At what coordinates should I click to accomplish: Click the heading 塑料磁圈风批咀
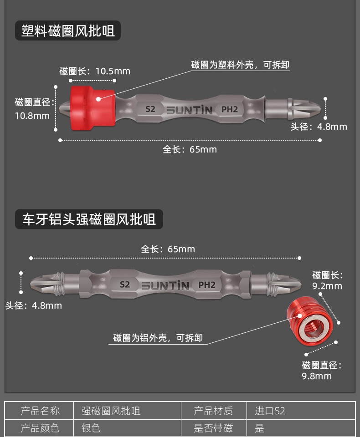(x=68, y=31)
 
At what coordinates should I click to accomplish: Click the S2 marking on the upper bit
(x=150, y=109)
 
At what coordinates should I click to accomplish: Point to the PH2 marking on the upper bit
(x=230, y=109)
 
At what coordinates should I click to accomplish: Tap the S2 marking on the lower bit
(x=125, y=285)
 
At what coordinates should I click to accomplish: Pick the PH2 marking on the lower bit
(x=207, y=285)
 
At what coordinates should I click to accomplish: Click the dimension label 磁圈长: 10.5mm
(x=95, y=71)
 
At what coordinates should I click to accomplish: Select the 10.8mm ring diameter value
(x=32, y=116)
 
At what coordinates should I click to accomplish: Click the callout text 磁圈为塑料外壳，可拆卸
(x=240, y=65)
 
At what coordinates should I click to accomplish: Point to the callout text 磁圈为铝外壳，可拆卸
(x=158, y=338)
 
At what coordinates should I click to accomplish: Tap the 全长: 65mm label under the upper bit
(x=190, y=149)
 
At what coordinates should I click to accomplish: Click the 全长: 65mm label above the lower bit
(x=167, y=249)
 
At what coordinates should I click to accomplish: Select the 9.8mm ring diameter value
(x=317, y=376)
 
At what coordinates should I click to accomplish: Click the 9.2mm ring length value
(x=327, y=286)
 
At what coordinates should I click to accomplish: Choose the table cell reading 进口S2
(x=270, y=411)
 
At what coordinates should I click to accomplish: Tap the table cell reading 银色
(x=91, y=428)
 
